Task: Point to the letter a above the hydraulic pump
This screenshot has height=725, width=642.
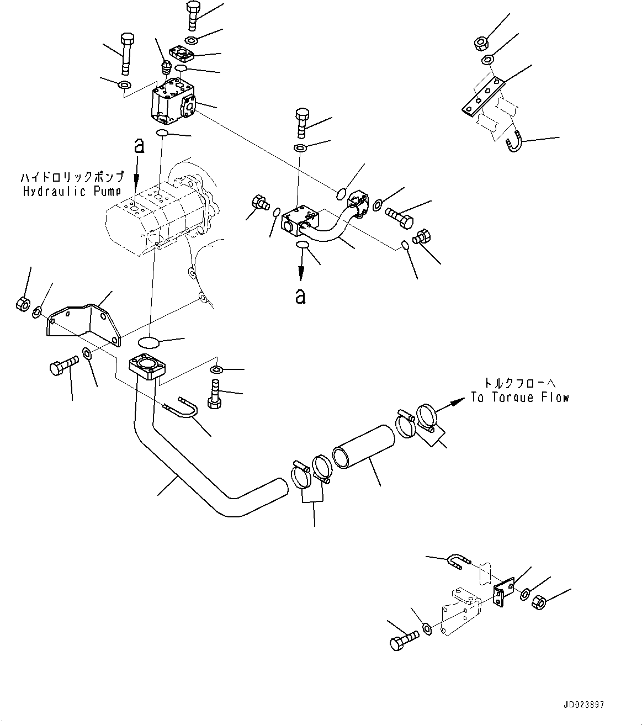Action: point(139,146)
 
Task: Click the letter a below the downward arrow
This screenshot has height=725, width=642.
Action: point(300,295)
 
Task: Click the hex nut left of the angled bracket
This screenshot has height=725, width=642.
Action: point(23,303)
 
